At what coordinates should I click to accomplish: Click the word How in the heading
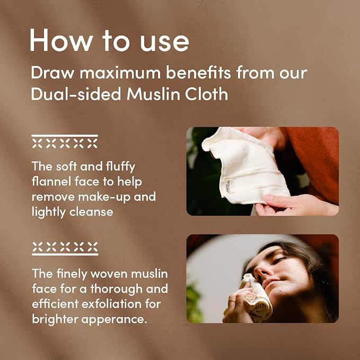tap(62, 40)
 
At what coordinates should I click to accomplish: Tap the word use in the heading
tap(164, 43)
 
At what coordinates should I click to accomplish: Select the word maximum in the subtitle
tap(120, 73)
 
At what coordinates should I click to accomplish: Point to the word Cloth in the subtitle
tap(207, 94)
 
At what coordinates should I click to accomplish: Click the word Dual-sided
tap(76, 94)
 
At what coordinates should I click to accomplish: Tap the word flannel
tap(51, 181)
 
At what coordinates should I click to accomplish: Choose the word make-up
tap(104, 197)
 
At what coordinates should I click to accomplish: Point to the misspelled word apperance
tap(114, 320)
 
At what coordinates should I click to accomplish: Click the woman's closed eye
tap(278, 259)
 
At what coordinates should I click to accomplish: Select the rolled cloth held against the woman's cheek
tap(254, 298)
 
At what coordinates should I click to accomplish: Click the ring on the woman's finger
tap(231, 301)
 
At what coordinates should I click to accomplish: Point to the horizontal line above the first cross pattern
tap(65, 136)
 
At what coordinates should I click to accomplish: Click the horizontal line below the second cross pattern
tap(65, 254)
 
